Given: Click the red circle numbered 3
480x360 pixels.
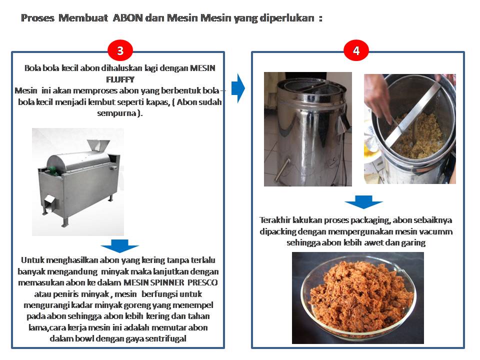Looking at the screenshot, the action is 120,50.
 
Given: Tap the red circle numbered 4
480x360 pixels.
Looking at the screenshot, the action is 356,50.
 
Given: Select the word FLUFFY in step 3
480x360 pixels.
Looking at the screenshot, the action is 120,79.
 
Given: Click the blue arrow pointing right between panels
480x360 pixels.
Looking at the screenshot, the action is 238,88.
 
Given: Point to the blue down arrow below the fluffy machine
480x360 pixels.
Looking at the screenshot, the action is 119,246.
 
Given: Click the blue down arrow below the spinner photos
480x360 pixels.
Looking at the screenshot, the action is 363,201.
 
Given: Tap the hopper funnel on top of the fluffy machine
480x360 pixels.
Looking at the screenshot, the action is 98,145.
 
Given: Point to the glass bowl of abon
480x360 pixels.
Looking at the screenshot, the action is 358,297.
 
